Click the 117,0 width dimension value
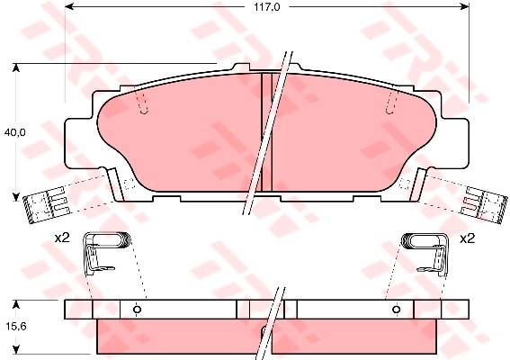click(x=267, y=7)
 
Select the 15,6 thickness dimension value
click(x=15, y=326)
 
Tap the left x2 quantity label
click(x=62, y=238)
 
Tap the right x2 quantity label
click(x=467, y=239)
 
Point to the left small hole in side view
click(x=138, y=310)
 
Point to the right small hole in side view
click(x=396, y=310)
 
